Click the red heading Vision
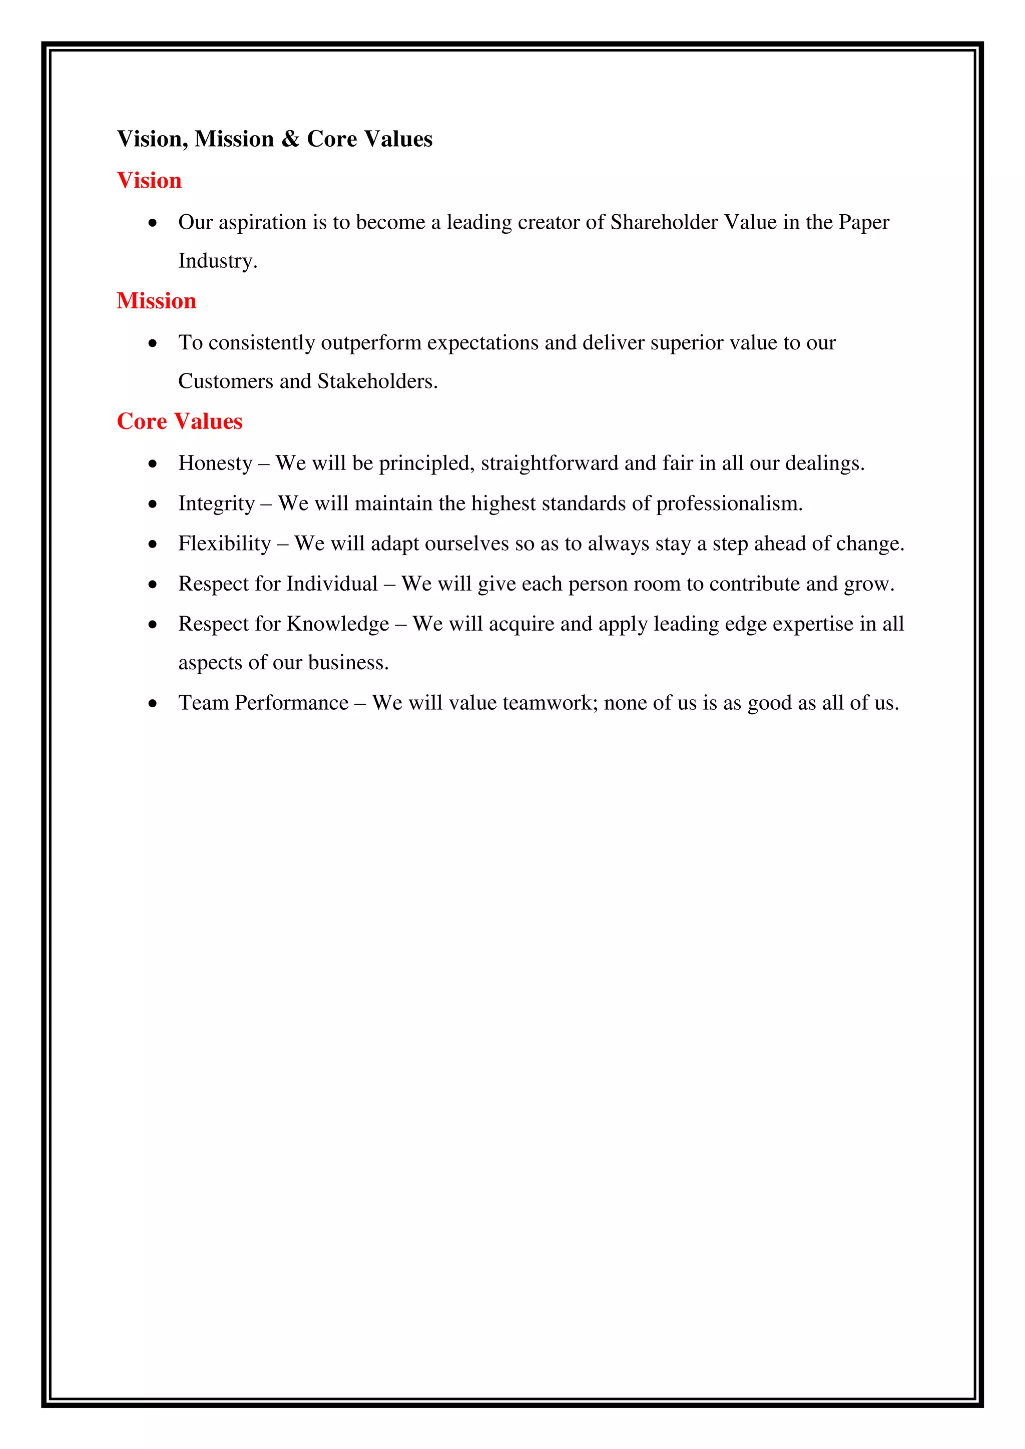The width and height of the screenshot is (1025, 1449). point(149,181)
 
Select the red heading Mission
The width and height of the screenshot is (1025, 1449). point(157,301)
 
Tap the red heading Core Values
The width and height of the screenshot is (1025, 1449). point(179,421)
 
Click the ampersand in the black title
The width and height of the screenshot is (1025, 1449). point(290,139)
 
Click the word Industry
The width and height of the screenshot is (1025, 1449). point(217,261)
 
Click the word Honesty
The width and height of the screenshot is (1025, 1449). point(215,463)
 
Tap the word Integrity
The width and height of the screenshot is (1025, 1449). point(217,504)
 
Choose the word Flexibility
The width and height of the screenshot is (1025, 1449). point(225,544)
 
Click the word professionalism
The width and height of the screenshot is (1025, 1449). point(729,504)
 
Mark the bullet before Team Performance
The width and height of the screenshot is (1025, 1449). point(153,704)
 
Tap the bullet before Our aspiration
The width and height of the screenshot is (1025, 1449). point(153,223)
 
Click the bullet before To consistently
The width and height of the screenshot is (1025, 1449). point(153,343)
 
